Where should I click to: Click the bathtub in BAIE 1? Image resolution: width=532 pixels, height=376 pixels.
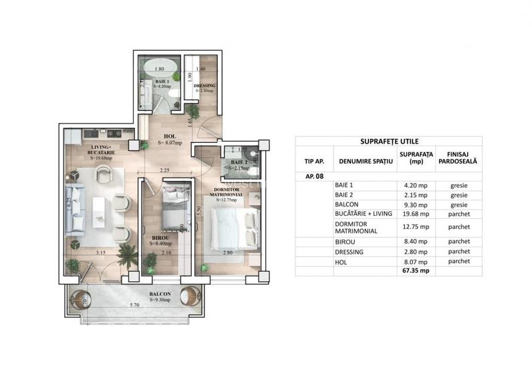pyautogui.click(x=160, y=68)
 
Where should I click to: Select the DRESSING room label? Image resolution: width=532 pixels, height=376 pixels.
pyautogui.click(x=203, y=87)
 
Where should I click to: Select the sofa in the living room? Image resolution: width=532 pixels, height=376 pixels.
pyautogui.click(x=75, y=208)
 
